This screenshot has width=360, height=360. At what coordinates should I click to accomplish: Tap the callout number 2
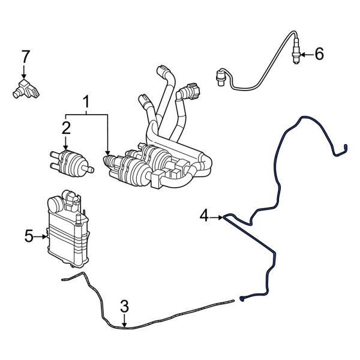click(66, 127)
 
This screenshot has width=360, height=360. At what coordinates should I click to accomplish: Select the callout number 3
click(124, 307)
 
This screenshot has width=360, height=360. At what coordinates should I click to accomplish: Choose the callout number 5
click(29, 236)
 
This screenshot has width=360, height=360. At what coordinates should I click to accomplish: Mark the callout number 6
click(319, 55)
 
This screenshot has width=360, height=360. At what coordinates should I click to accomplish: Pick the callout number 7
click(25, 57)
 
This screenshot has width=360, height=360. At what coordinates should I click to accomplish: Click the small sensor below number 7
click(24, 88)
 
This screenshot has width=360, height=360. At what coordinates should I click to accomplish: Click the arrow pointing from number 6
click(305, 55)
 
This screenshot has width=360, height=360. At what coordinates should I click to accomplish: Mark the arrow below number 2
click(66, 142)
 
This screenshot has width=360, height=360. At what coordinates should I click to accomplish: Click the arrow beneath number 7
click(25, 71)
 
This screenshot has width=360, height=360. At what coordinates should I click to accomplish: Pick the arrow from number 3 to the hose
click(124, 321)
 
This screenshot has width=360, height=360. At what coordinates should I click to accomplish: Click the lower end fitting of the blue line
click(242, 299)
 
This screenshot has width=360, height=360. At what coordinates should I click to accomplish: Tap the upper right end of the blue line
click(347, 146)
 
